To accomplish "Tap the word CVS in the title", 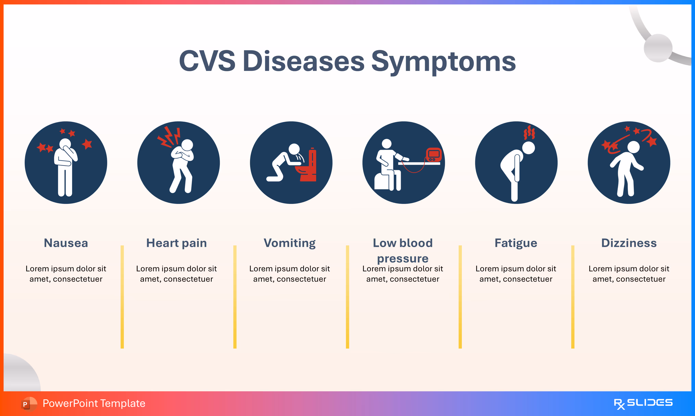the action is click(x=207, y=61).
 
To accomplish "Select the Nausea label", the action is click(x=66, y=243).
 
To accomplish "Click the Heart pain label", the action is click(x=176, y=243).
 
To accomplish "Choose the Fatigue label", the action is click(x=516, y=243).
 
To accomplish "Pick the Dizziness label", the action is click(x=629, y=243).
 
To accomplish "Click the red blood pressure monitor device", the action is click(x=434, y=154).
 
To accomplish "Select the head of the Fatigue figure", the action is click(x=529, y=148).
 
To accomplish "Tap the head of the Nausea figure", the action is click(x=65, y=144).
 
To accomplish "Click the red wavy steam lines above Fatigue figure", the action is click(x=529, y=132).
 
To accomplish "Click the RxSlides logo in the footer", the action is click(x=643, y=403).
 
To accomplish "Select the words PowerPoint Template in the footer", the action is click(x=94, y=403).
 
